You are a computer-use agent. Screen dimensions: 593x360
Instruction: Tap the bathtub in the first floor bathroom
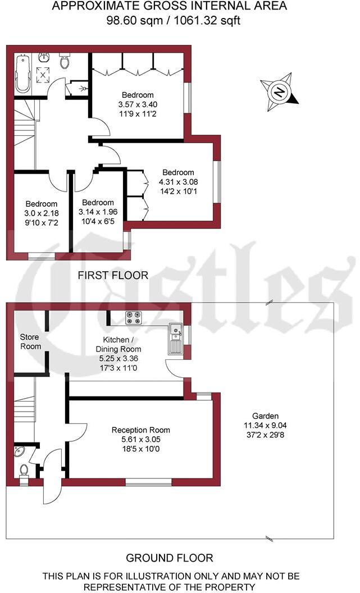(x=22, y=74)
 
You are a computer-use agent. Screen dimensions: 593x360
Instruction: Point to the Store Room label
(x=30, y=341)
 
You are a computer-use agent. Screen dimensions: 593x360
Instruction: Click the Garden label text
(x=265, y=416)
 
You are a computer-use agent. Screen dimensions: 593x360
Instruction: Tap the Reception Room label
(x=140, y=430)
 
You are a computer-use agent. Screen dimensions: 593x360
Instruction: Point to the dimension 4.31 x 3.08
(x=178, y=181)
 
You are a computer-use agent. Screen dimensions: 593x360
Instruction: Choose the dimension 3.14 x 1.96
(x=98, y=212)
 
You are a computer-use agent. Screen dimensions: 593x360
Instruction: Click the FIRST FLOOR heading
(x=113, y=275)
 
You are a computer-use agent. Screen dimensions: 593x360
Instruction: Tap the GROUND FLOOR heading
(x=169, y=558)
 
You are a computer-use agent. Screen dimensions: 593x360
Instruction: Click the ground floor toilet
(x=24, y=469)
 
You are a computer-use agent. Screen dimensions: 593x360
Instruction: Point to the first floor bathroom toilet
(x=64, y=61)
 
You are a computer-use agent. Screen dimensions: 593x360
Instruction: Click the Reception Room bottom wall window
(x=148, y=481)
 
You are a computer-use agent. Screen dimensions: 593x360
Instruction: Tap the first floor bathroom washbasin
(x=44, y=57)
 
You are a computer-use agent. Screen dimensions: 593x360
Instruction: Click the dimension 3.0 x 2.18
(x=41, y=213)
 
